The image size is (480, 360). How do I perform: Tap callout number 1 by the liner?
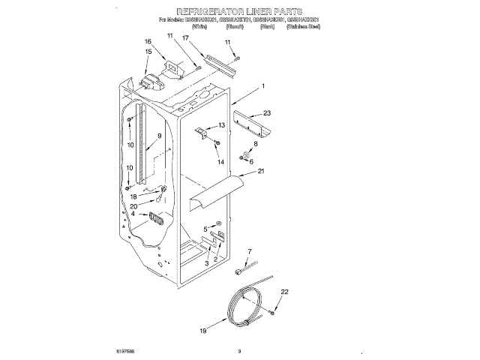pos(263,86)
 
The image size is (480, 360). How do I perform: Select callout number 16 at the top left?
pos(148,42)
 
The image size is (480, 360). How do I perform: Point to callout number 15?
pos(148,52)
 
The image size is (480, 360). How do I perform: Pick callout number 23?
pos(267,113)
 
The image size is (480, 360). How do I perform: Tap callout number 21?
pos(261,171)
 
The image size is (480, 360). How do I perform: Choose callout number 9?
pos(159,136)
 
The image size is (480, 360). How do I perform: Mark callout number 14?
pos(220,162)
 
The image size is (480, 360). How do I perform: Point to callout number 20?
pos(134,206)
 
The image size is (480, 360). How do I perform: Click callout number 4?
pos(133,214)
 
